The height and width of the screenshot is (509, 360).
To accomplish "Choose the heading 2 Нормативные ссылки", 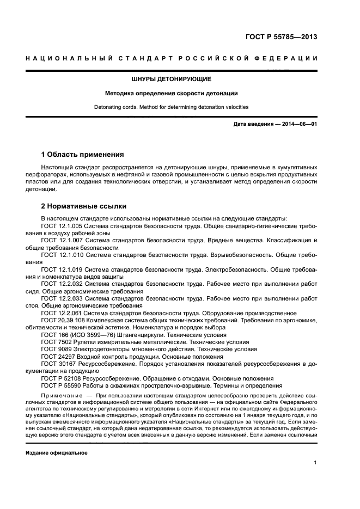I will click(84, 206).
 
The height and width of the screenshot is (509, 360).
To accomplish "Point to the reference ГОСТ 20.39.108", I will click(62, 321).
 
